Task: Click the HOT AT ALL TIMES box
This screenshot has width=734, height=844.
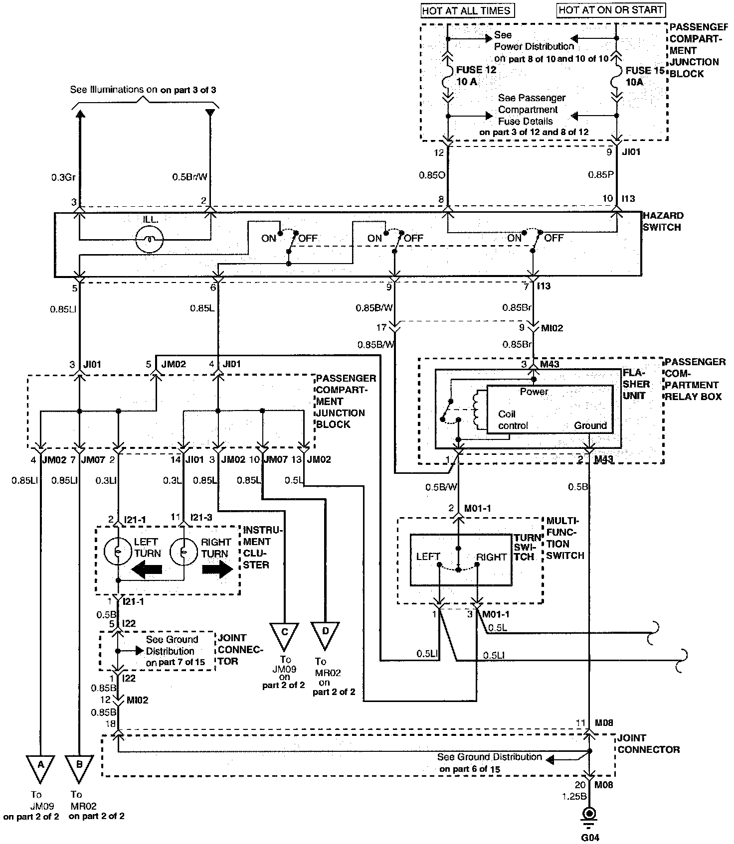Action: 467,10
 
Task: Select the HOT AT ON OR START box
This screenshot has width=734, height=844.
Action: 611,9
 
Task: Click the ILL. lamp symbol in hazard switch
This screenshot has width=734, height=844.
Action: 149,240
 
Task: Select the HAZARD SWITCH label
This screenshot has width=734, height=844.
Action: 663,221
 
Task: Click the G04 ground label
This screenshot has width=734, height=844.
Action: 589,837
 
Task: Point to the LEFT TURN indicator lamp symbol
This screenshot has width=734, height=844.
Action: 117,552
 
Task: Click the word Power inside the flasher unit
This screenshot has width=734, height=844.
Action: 534,392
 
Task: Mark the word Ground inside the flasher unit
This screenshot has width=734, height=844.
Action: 590,425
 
